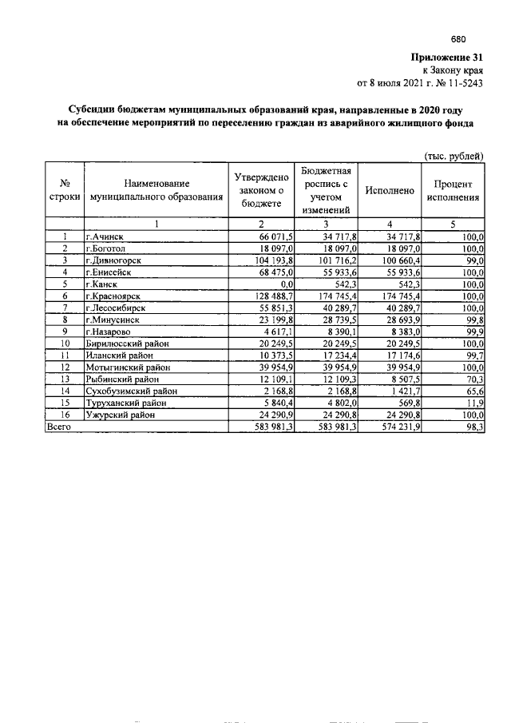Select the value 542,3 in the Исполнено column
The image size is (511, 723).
407,284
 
